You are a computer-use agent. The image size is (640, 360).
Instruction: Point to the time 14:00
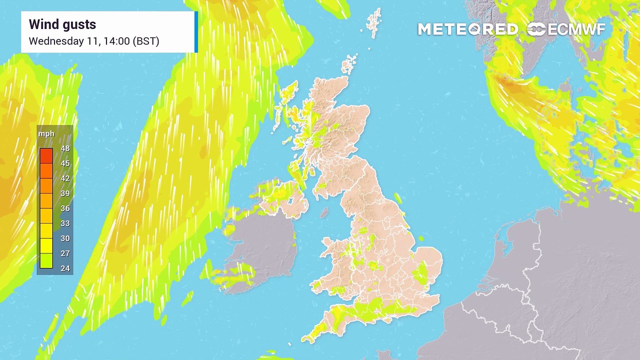[116, 41]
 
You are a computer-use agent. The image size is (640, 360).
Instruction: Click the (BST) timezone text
[146, 41]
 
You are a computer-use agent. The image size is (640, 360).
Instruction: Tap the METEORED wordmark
[467, 29]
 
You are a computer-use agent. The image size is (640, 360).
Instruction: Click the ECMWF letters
[576, 29]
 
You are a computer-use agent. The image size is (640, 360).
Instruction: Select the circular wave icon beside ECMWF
[536, 29]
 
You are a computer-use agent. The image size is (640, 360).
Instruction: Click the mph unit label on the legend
[46, 134]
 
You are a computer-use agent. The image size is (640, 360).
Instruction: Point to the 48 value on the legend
[65, 148]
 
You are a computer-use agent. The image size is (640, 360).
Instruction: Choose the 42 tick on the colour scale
[65, 178]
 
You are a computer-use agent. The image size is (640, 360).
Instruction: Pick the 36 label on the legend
[65, 208]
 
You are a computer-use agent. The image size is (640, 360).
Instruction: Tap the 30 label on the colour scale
[65, 238]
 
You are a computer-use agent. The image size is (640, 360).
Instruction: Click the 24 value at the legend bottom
[65, 268]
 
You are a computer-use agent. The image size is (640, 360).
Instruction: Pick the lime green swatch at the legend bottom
[46, 260]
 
